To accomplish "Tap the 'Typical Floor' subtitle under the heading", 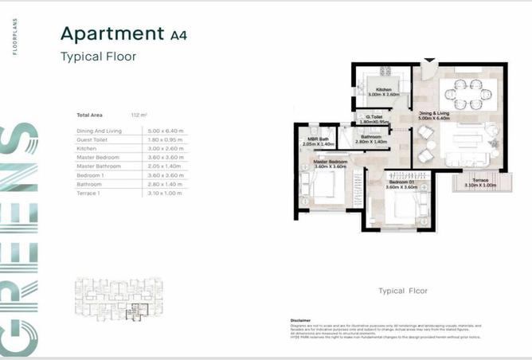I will click(99, 57).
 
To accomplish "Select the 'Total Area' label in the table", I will click(89, 115).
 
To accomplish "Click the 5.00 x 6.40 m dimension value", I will click(165, 130).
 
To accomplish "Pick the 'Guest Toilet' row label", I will click(93, 139).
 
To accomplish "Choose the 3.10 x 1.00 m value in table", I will click(165, 194).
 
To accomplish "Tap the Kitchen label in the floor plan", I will click(384, 89).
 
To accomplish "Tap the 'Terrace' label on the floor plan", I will click(479, 181).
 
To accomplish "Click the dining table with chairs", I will click(464, 93).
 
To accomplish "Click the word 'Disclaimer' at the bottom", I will click(303, 319).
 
